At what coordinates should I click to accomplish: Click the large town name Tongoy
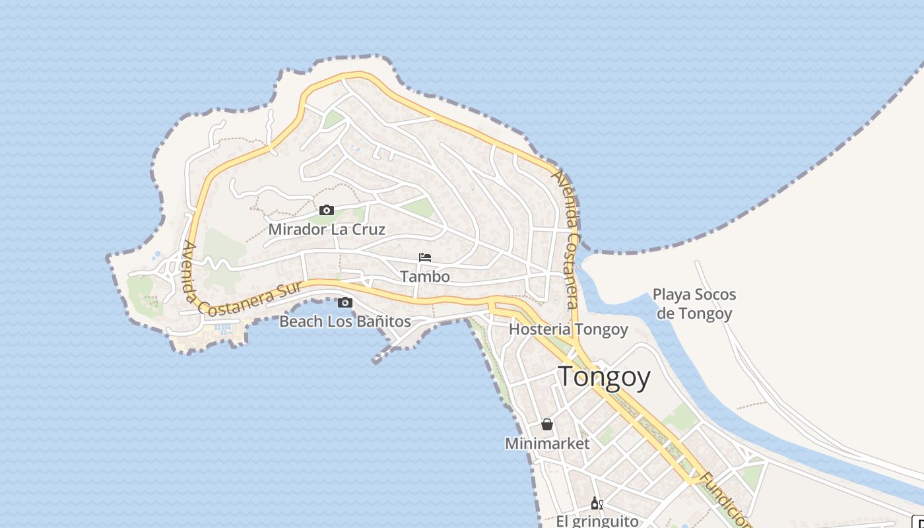[x=605, y=377]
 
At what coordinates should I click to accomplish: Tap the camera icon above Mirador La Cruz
[x=327, y=211]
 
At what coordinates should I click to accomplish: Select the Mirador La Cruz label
[x=327, y=230]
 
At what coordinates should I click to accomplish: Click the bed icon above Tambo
[x=425, y=257]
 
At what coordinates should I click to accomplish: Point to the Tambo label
[x=425, y=277]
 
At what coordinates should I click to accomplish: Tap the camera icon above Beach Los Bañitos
[x=345, y=303]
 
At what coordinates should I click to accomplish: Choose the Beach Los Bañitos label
[x=345, y=322]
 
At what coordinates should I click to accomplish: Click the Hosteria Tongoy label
[x=568, y=329]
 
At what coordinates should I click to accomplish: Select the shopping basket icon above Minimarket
[x=547, y=424]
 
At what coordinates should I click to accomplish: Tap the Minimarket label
[x=547, y=444]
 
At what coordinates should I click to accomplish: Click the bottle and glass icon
[x=597, y=504]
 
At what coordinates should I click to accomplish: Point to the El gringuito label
[x=597, y=521]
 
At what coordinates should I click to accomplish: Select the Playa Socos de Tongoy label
[x=694, y=304]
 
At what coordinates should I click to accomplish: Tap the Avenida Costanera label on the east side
[x=567, y=239]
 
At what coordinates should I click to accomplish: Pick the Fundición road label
[x=725, y=500]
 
